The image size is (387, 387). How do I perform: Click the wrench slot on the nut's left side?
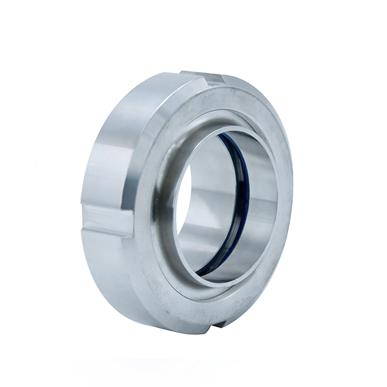coord(106,219)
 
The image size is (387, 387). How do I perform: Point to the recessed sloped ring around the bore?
coord(166,242)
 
